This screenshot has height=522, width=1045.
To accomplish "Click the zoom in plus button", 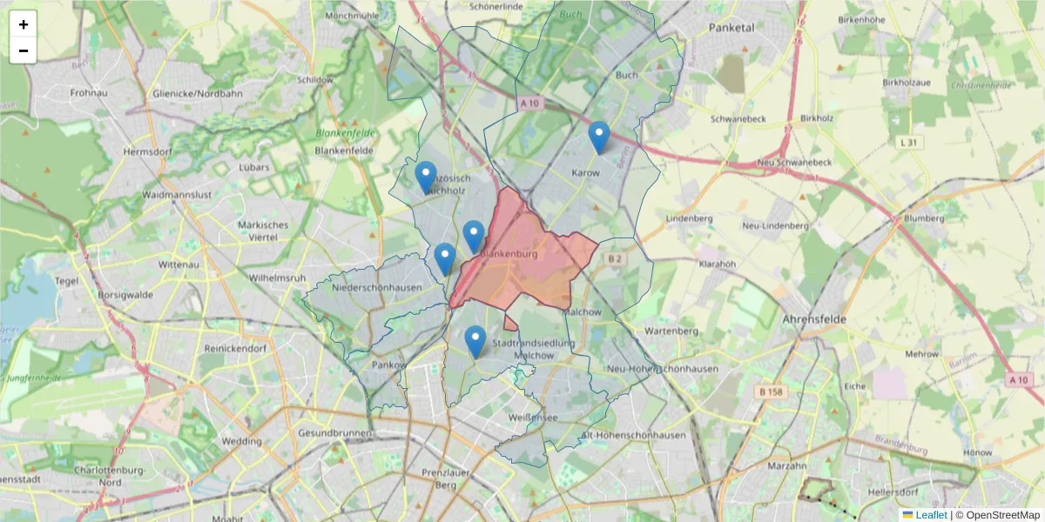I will coord(24,24).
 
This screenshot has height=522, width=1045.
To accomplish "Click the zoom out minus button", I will coord(24,50).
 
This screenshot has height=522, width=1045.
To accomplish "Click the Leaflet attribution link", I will coord(931,515).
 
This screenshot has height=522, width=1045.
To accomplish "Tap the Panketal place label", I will coord(731,28).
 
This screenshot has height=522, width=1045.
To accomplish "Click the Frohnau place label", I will coord(88,92).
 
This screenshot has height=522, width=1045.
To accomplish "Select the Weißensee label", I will coord(533,418).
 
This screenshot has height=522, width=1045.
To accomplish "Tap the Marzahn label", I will coord(788,465).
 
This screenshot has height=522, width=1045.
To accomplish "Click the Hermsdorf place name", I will coord(144,151).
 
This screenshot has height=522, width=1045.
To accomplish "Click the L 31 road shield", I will coord(908,142).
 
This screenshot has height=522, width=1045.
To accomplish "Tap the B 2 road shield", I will coord(616,258).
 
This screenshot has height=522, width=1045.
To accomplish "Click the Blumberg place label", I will coord(924,218).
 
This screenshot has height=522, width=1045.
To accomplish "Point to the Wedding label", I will coord(241,441).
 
